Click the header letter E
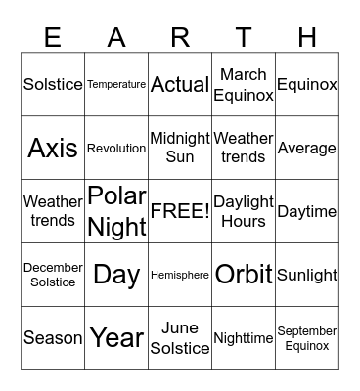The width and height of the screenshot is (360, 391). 53,37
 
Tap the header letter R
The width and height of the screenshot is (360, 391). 180,37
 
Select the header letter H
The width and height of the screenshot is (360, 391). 307,37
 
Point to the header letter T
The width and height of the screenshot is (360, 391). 244,37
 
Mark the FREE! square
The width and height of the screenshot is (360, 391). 180,211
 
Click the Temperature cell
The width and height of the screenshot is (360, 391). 116,85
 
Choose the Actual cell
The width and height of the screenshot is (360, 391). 180,85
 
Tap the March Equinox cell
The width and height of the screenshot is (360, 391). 244,85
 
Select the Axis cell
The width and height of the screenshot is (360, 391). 53,149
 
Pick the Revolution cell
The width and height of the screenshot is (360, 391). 116,149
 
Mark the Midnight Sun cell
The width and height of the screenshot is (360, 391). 180,149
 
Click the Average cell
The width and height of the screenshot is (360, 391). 307,149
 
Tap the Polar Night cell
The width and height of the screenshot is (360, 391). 116,211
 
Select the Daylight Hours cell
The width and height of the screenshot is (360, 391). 244,211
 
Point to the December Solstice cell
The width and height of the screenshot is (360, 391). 53,275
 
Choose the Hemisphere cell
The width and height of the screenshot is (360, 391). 180,275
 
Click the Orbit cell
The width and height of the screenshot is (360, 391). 244,275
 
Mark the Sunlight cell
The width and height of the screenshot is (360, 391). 307,275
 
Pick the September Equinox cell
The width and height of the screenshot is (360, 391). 307,338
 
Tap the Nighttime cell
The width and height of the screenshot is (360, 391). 244,338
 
